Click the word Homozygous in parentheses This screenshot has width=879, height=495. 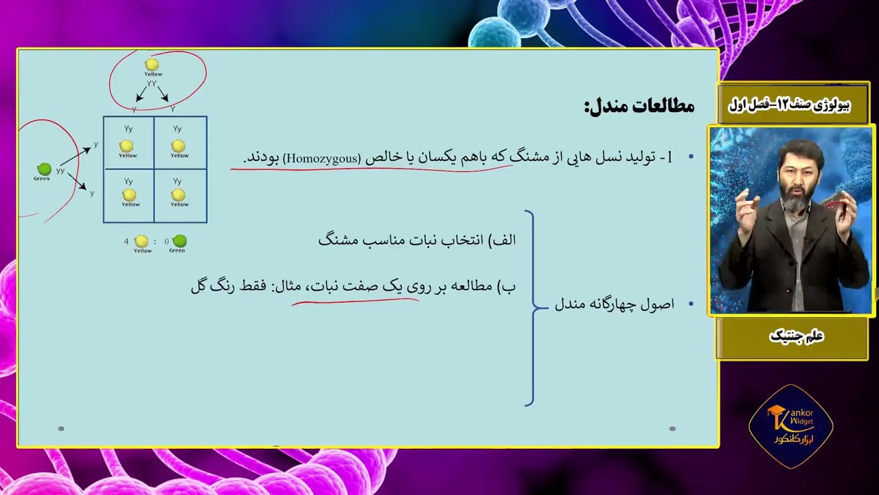321,158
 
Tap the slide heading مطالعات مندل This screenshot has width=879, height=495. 639,106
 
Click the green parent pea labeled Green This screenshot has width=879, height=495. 44,169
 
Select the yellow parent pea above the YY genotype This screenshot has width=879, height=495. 152,65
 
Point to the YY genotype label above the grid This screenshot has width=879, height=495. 152,84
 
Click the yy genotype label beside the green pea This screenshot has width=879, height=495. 60,170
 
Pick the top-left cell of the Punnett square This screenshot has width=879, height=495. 128,142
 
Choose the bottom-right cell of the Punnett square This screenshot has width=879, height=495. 180,196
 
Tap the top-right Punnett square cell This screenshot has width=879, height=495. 180,142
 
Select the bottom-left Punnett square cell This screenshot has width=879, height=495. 128,196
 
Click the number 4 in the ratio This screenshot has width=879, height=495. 126,241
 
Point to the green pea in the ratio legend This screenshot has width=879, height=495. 179,241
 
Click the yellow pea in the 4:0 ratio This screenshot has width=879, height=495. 141,241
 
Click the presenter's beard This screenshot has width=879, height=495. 794,203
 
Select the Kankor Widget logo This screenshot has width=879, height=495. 790,426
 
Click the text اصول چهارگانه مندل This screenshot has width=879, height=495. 615,304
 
